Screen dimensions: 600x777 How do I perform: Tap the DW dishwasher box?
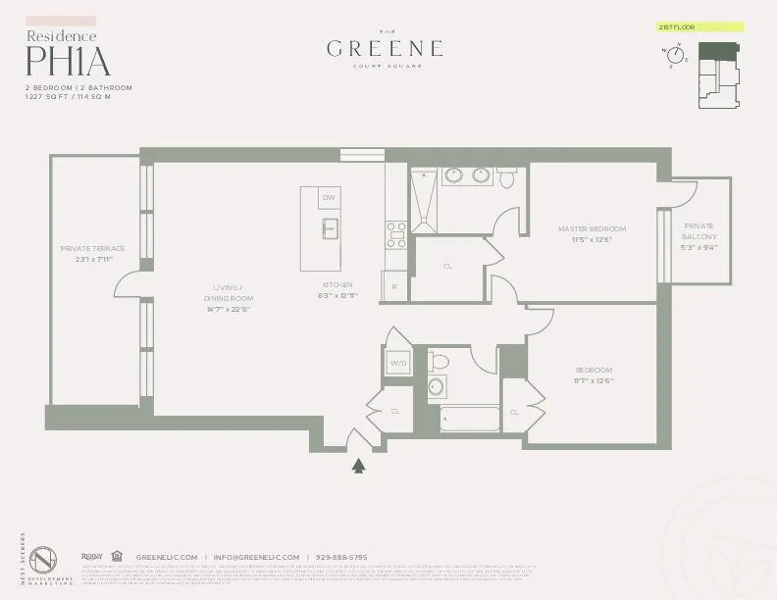point(329,197)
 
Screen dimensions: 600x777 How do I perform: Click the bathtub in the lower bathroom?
point(471,419)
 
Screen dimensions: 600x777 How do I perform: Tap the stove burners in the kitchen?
point(396,235)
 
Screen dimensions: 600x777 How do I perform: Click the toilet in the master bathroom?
point(506,176)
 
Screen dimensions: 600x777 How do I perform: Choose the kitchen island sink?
point(331,230)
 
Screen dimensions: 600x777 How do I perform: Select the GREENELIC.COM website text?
point(167,557)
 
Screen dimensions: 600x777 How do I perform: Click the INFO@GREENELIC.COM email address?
point(256,557)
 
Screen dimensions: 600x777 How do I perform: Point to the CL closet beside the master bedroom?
point(447,266)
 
